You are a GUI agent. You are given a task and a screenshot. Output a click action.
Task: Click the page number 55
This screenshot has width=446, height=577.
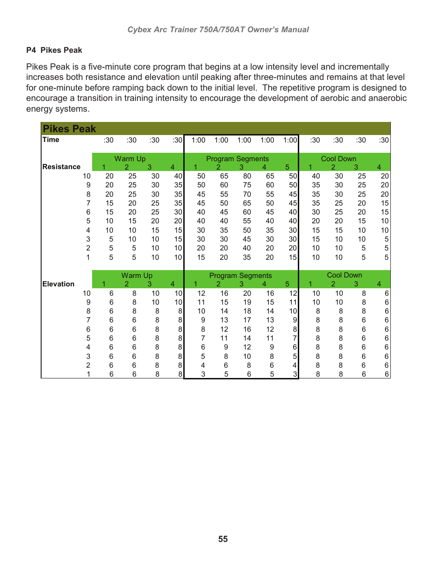tap(223, 539)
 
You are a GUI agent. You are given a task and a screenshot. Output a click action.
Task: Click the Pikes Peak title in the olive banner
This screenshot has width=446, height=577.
tap(69, 129)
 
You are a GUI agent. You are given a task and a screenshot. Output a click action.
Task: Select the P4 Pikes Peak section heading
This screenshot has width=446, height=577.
tap(54, 50)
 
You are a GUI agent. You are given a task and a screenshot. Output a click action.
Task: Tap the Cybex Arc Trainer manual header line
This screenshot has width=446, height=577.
tap(218, 29)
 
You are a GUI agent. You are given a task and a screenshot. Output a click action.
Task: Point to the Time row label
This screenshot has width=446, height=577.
tap(51, 140)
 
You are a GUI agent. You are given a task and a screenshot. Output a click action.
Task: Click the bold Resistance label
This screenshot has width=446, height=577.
tap(61, 167)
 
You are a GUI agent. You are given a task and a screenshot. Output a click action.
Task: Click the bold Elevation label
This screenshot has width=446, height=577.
tap(58, 284)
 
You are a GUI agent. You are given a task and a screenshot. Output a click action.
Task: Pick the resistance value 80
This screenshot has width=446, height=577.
tap(247, 176)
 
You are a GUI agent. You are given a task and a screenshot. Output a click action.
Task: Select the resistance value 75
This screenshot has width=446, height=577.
tap(247, 185)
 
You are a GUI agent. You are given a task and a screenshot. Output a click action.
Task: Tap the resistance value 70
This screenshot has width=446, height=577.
tap(247, 194)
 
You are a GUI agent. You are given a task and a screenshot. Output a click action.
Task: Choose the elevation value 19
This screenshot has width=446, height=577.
tap(247, 302)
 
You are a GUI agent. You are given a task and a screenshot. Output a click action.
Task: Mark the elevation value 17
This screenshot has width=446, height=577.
tap(247, 320)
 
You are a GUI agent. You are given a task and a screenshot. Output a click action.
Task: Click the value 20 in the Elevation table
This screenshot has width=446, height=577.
tap(247, 293)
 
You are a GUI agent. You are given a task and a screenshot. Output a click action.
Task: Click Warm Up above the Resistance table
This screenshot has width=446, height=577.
tap(130, 159)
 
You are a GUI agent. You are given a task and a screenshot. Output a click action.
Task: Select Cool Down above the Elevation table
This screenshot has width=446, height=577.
tap(345, 275)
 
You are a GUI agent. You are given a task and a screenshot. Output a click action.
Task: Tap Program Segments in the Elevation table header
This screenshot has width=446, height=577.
tap(240, 276)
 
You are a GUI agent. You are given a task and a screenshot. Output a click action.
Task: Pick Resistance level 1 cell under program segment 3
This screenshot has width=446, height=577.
tap(247, 257)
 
